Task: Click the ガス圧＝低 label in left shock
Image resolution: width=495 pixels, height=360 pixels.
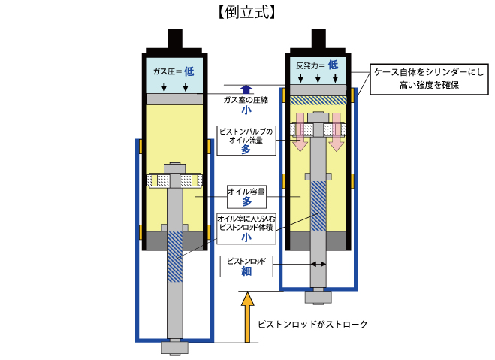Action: [x=174, y=71]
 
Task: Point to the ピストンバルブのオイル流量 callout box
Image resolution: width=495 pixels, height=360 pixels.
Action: [x=245, y=140]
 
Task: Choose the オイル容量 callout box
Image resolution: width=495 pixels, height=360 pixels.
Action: [x=246, y=196]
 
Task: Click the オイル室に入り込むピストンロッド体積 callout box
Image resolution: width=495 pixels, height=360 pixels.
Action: [x=246, y=228]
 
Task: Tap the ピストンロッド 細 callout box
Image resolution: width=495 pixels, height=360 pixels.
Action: [x=246, y=266]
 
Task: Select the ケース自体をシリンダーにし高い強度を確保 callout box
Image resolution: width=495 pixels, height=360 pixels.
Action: [x=428, y=80]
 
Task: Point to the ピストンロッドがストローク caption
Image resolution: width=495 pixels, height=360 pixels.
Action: [x=312, y=325]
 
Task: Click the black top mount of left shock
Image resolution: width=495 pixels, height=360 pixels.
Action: [x=174, y=41]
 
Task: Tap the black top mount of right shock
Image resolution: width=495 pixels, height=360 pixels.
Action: [x=318, y=41]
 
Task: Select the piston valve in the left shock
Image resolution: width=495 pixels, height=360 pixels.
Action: [x=174, y=180]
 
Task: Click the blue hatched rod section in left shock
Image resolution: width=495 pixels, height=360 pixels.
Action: [x=174, y=256]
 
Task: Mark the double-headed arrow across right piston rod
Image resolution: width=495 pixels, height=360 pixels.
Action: [x=318, y=263]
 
